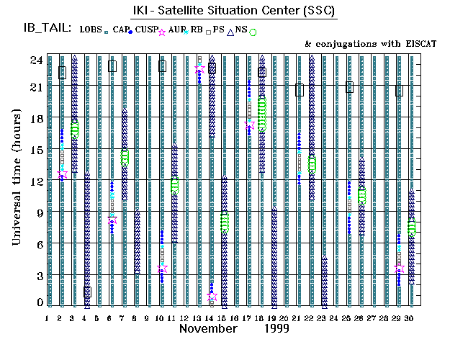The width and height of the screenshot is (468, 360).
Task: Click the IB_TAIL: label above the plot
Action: pos(47,28)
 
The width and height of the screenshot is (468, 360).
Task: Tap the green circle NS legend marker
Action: pos(253,32)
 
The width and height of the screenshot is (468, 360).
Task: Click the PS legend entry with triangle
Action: pos(220,29)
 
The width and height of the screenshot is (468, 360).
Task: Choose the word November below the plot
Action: pos(208,328)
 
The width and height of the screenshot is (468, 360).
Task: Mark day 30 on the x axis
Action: pos(410,318)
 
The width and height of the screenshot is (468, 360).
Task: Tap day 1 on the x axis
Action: pos(48,318)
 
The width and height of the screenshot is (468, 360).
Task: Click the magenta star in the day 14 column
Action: pos(212,296)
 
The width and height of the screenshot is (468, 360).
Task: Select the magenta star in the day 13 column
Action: pos(199,69)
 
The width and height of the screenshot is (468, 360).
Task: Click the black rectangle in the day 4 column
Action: pos(87,292)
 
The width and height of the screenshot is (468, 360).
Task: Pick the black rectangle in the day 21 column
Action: pos(299,90)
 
